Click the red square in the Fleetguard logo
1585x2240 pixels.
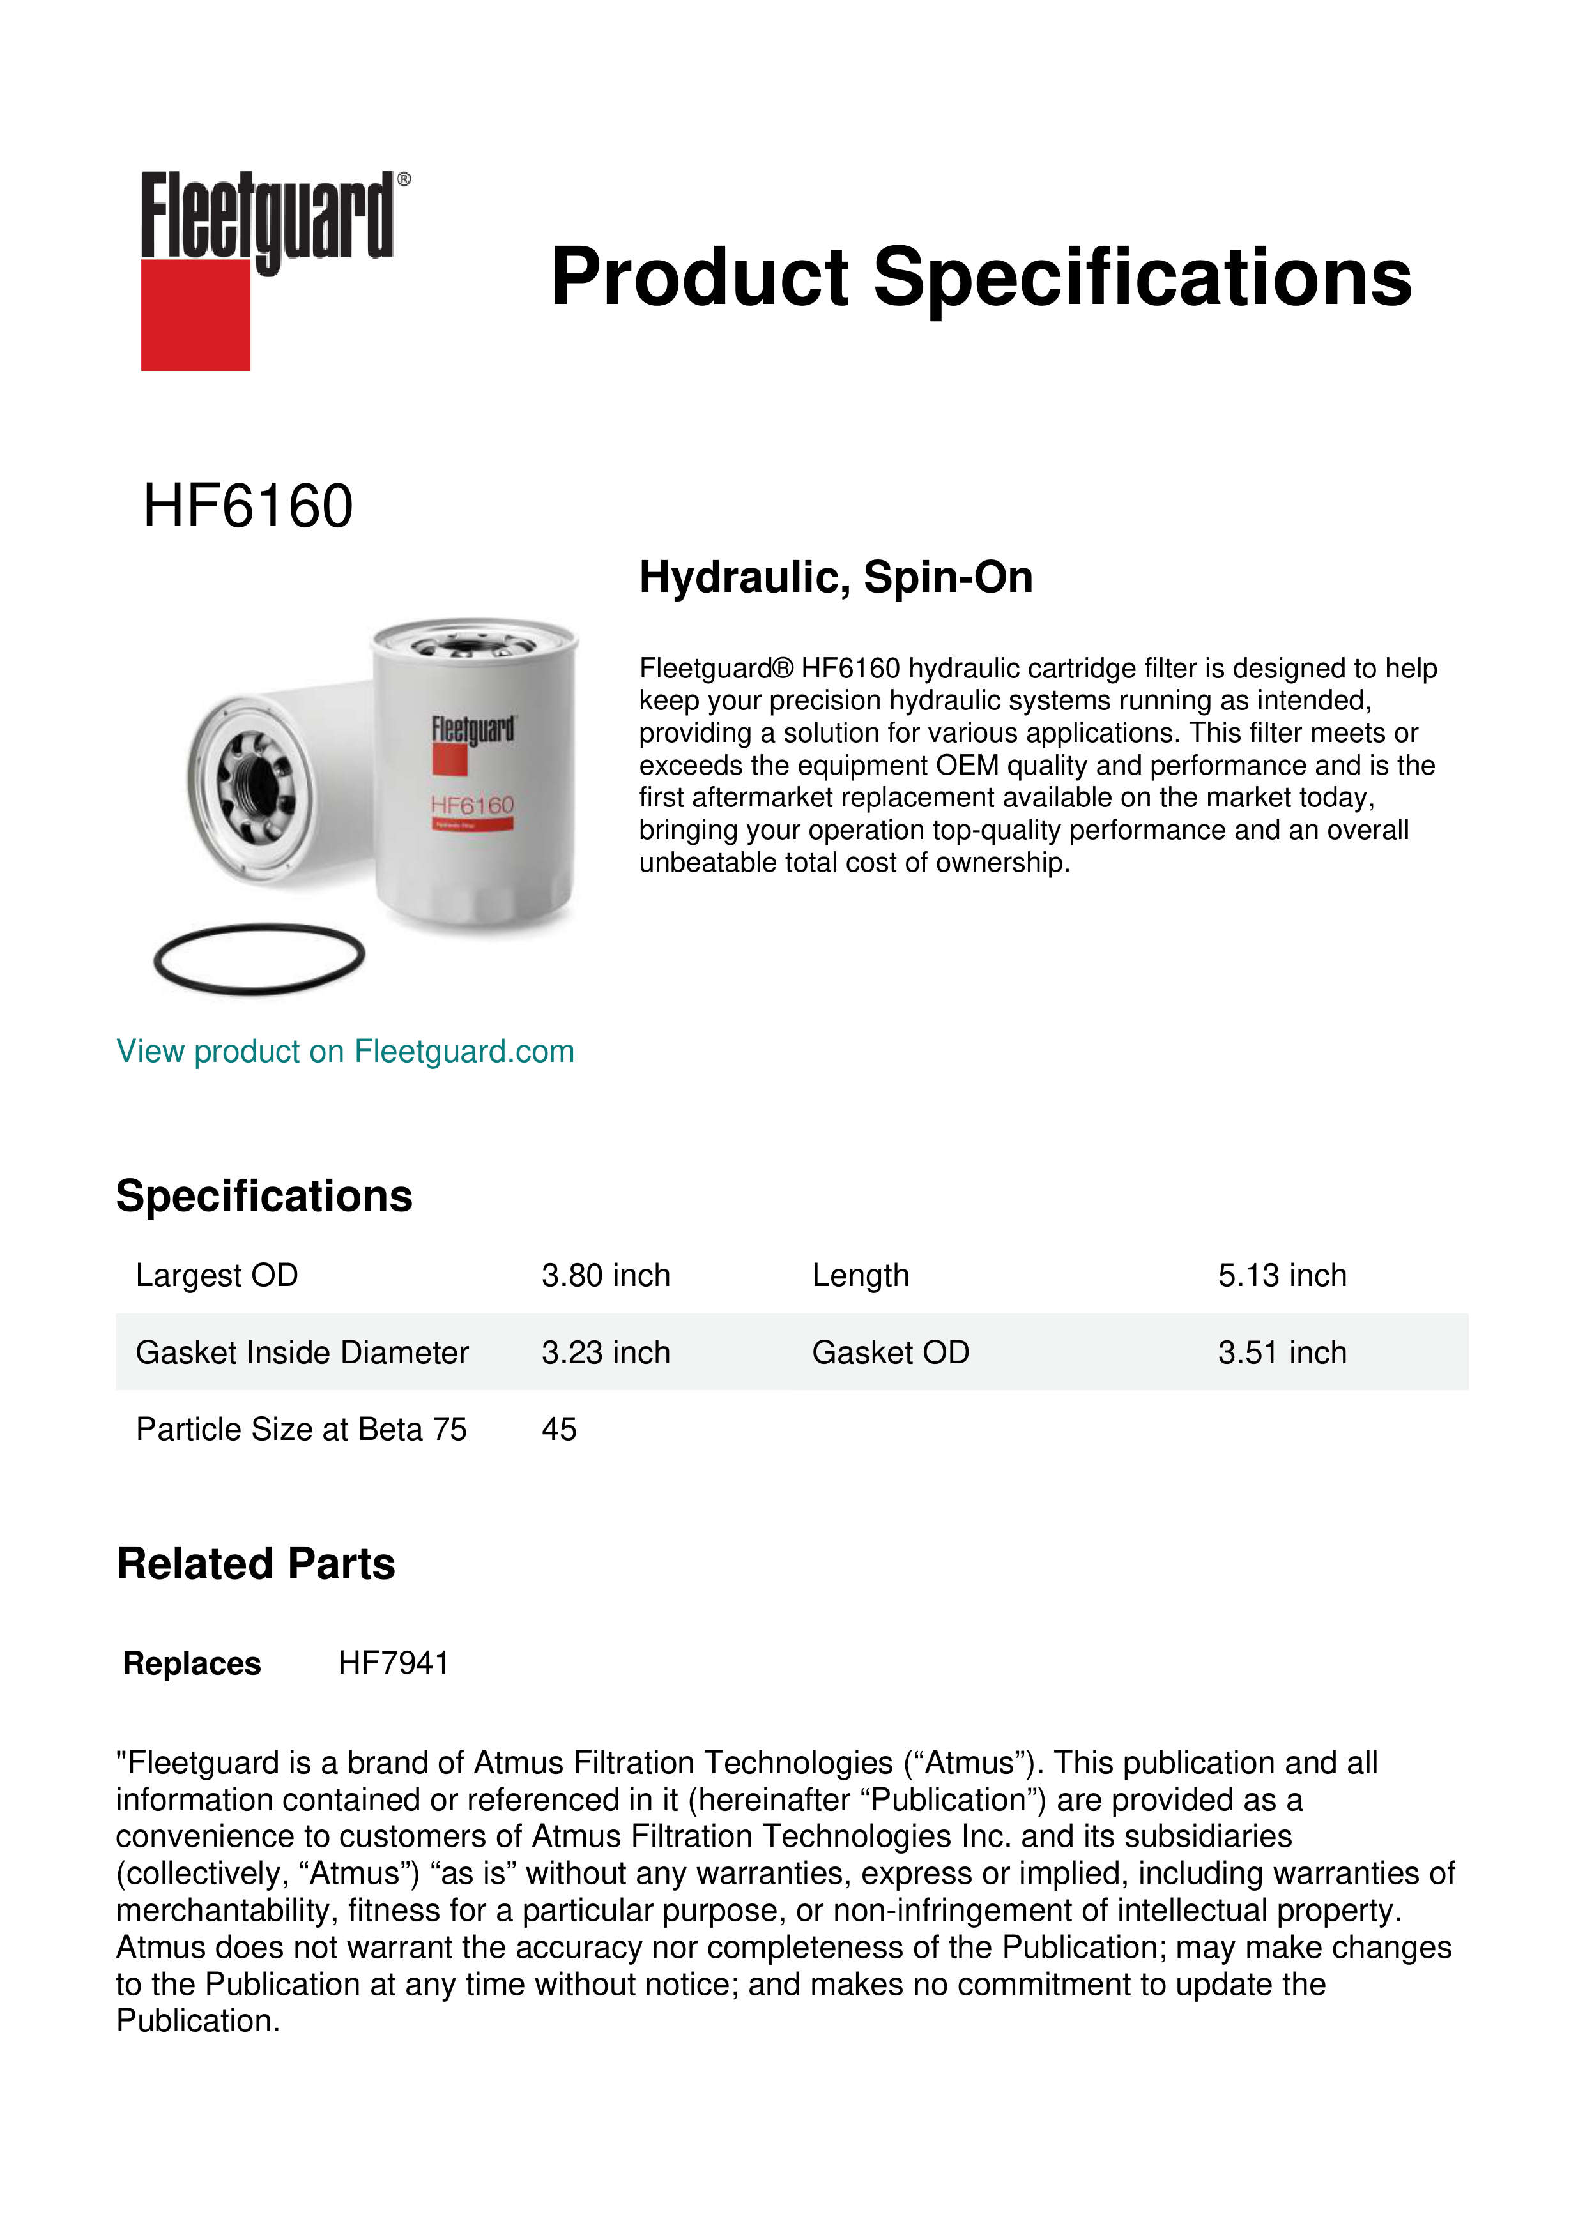pyautogui.click(x=195, y=314)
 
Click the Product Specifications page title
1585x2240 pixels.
pyautogui.click(x=981, y=277)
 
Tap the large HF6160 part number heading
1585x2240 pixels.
pyautogui.click(x=248, y=506)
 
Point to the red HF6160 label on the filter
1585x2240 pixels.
pyautogui.click(x=472, y=805)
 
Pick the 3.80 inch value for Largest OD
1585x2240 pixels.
pyautogui.click(x=606, y=1275)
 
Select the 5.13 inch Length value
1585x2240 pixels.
pyautogui.click(x=1282, y=1275)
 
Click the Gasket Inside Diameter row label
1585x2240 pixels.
pyautogui.click(x=302, y=1352)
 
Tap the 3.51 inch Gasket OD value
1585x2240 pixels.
pyautogui.click(x=1282, y=1352)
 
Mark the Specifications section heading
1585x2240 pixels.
pyautogui.click(x=264, y=1196)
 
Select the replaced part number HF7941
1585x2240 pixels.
pyautogui.click(x=394, y=1663)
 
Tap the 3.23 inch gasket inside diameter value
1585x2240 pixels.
pyautogui.click(x=606, y=1352)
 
